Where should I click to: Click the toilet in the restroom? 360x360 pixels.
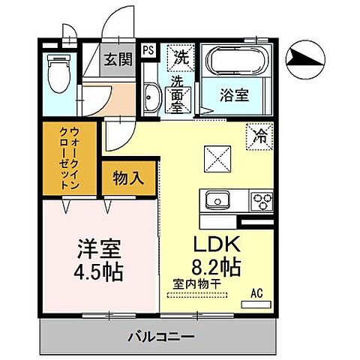[x=57, y=75]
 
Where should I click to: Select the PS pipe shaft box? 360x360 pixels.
[x=148, y=50]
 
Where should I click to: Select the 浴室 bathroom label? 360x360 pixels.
[x=235, y=95]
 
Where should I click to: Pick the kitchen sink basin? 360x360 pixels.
[x=215, y=201]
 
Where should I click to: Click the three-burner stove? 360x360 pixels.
[x=262, y=201]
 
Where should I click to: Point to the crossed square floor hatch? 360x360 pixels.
[x=215, y=158]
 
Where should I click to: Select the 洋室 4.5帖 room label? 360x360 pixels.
[x=98, y=259]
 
